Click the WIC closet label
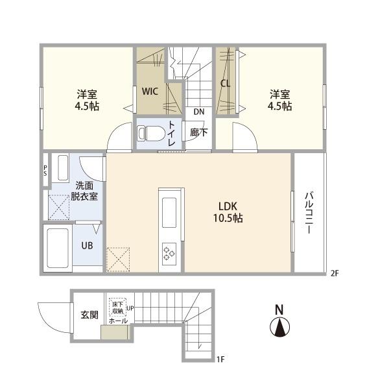click(x=150, y=91)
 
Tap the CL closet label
click(x=226, y=83)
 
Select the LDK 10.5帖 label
click(x=229, y=212)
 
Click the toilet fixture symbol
click(x=150, y=133)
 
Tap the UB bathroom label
click(x=86, y=246)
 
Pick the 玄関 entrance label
click(x=89, y=315)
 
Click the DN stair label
click(x=198, y=112)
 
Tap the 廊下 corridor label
click(x=198, y=132)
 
